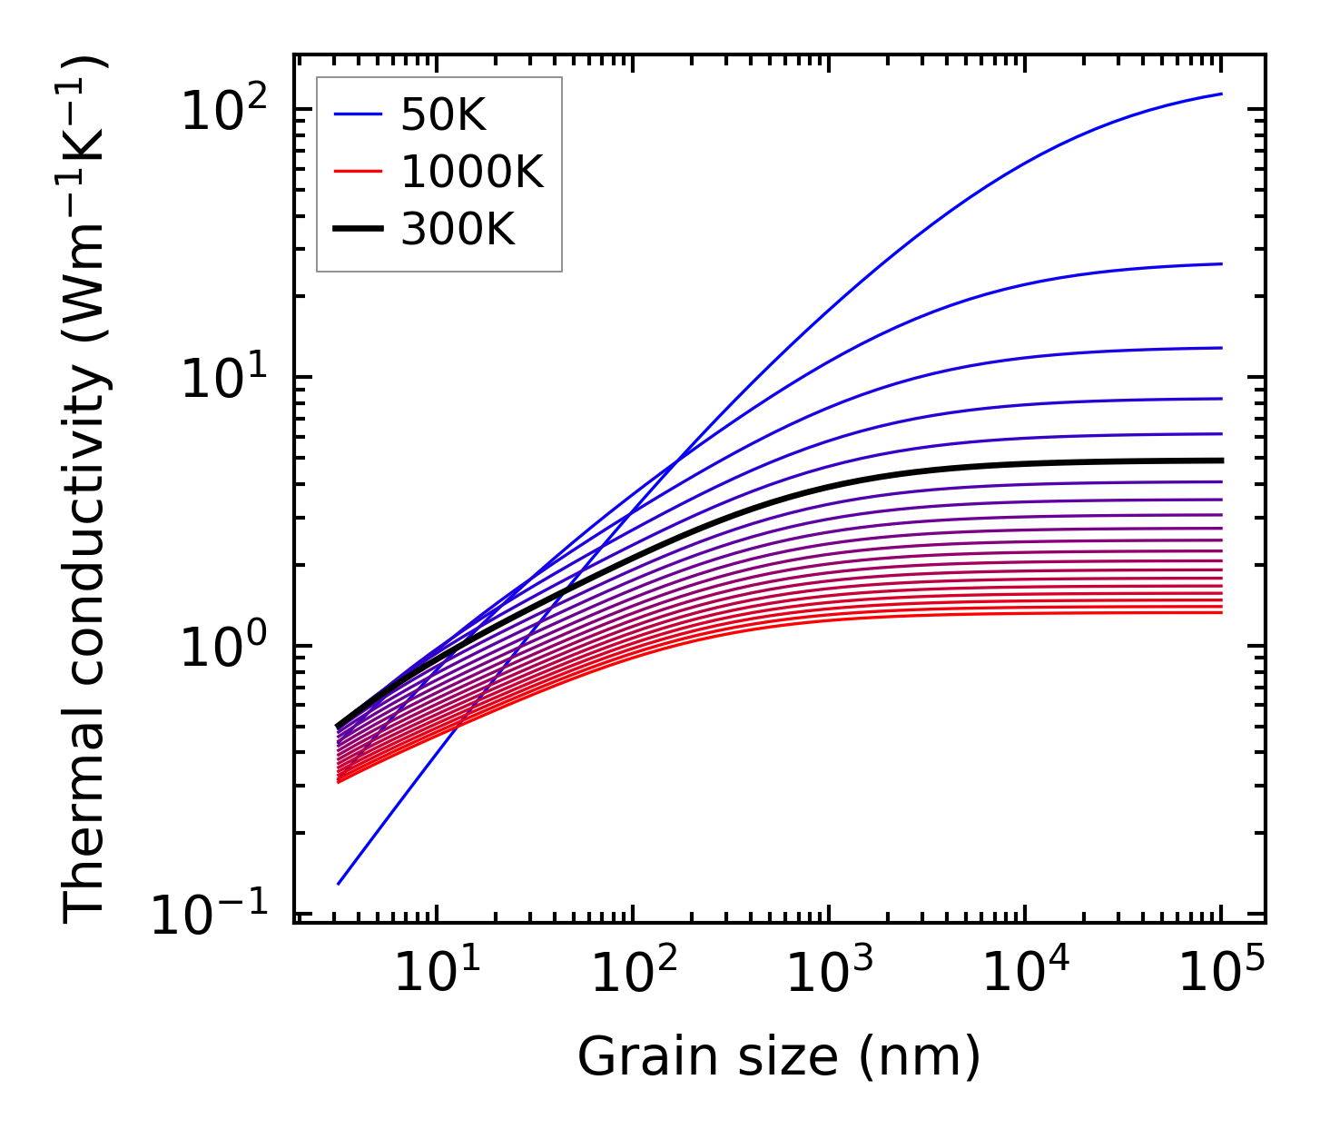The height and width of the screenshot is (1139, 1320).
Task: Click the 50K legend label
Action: point(443,115)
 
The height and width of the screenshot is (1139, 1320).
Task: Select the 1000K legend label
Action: point(472,173)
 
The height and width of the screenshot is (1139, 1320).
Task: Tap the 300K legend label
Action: point(458,230)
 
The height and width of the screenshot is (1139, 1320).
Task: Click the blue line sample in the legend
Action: point(360,115)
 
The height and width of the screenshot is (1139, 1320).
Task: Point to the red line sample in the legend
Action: point(360,173)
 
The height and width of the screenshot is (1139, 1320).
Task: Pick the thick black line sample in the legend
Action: point(360,230)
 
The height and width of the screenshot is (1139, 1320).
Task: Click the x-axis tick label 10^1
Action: point(438,975)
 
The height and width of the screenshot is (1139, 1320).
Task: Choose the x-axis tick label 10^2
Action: point(634,975)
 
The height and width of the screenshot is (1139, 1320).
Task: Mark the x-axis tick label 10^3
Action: point(830,975)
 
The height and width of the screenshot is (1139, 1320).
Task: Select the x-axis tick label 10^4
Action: point(1026,975)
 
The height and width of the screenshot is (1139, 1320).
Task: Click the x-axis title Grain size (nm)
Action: point(779,1057)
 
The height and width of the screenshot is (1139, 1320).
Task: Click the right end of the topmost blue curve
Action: point(1221,94)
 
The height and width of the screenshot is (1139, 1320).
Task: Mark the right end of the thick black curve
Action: point(1221,461)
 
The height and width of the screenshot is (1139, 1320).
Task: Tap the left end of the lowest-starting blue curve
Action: point(339,883)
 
